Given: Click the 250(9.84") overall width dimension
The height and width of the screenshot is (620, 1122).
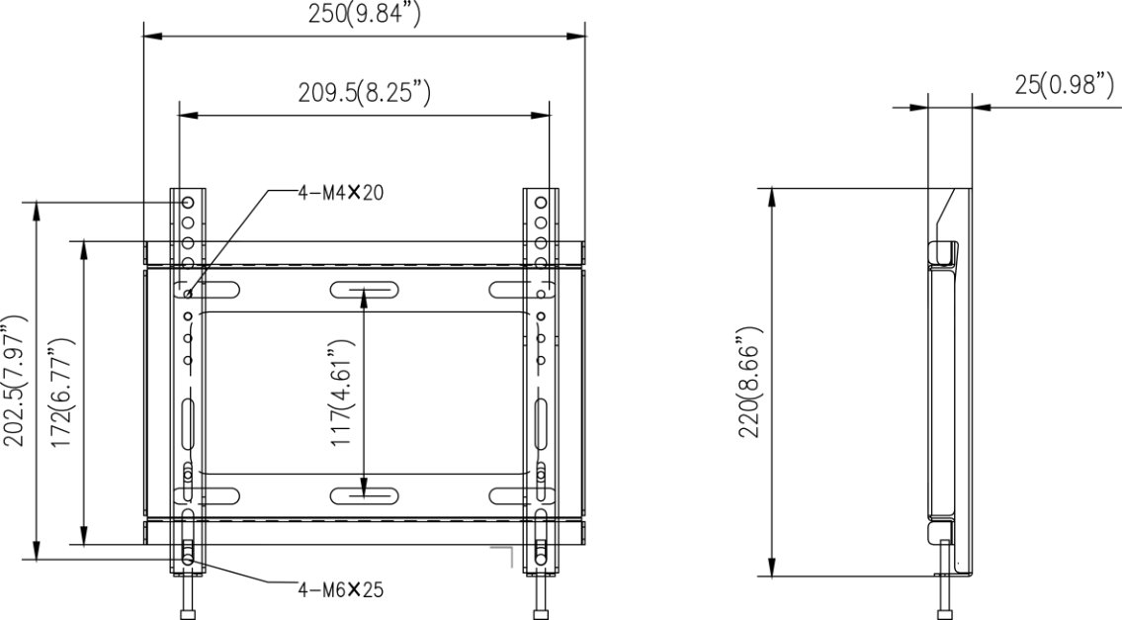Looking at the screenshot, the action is [364, 14].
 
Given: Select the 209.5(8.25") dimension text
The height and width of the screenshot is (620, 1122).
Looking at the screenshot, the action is [364, 92].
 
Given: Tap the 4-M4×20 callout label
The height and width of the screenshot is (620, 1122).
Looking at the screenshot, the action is [341, 192].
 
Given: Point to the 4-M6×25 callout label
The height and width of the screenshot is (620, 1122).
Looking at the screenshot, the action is [341, 590].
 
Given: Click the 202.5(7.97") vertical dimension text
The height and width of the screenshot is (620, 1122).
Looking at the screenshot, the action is [15, 380].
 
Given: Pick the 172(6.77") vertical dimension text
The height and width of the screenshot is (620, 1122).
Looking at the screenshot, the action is [62, 394].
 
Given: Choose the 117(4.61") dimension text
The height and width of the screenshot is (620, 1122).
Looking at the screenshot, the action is [342, 393].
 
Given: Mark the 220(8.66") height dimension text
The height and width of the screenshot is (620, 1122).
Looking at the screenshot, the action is [750, 382].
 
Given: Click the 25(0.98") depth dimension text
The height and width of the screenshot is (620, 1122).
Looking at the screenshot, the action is [1064, 84].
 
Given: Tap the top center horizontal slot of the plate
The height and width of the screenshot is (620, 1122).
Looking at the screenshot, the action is [364, 290].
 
